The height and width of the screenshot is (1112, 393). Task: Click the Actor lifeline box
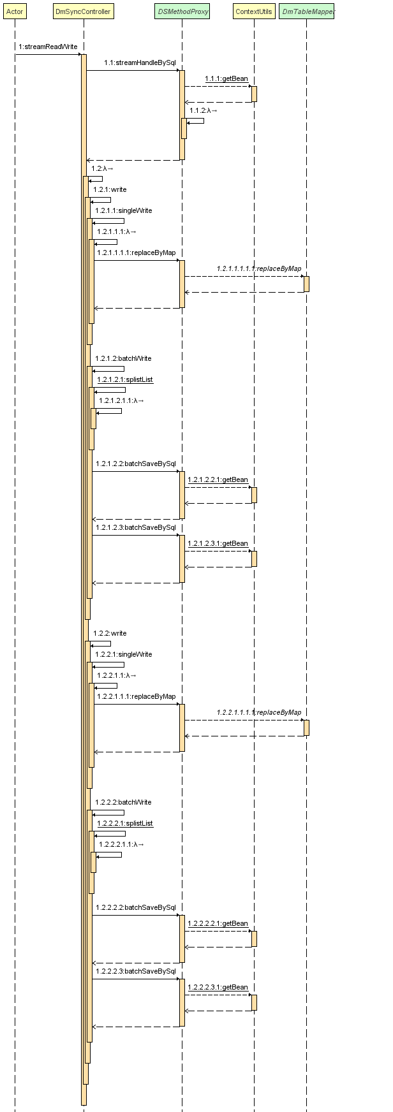tap(15, 11)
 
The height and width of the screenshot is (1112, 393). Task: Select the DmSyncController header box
tap(83, 11)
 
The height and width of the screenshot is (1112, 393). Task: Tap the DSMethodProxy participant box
tap(182, 11)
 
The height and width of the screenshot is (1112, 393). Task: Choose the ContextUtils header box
tap(253, 11)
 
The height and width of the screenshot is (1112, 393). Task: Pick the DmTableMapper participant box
tap(306, 11)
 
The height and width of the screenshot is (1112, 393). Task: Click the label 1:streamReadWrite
tap(48, 47)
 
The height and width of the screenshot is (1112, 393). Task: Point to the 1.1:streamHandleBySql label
tap(140, 62)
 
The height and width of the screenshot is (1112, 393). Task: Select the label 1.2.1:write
tap(110, 189)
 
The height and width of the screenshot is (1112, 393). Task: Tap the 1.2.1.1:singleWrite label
tap(124, 210)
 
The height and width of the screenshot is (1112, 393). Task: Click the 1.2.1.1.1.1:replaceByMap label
tap(136, 252)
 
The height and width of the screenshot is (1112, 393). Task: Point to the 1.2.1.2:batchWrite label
tap(123, 358)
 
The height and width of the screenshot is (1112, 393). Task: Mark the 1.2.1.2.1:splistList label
tap(125, 379)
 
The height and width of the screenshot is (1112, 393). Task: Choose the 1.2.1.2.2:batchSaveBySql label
tap(135, 464)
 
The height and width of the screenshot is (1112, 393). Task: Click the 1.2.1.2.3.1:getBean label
tap(218, 543)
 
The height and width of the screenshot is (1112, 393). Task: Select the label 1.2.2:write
tap(110, 633)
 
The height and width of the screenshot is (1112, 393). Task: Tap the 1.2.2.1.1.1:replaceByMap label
tap(136, 696)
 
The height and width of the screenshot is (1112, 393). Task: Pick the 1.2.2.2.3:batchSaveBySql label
tap(135, 971)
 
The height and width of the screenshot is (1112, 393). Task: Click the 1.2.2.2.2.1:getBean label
tap(218, 923)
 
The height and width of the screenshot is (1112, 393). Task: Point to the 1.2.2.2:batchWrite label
tap(123, 802)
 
